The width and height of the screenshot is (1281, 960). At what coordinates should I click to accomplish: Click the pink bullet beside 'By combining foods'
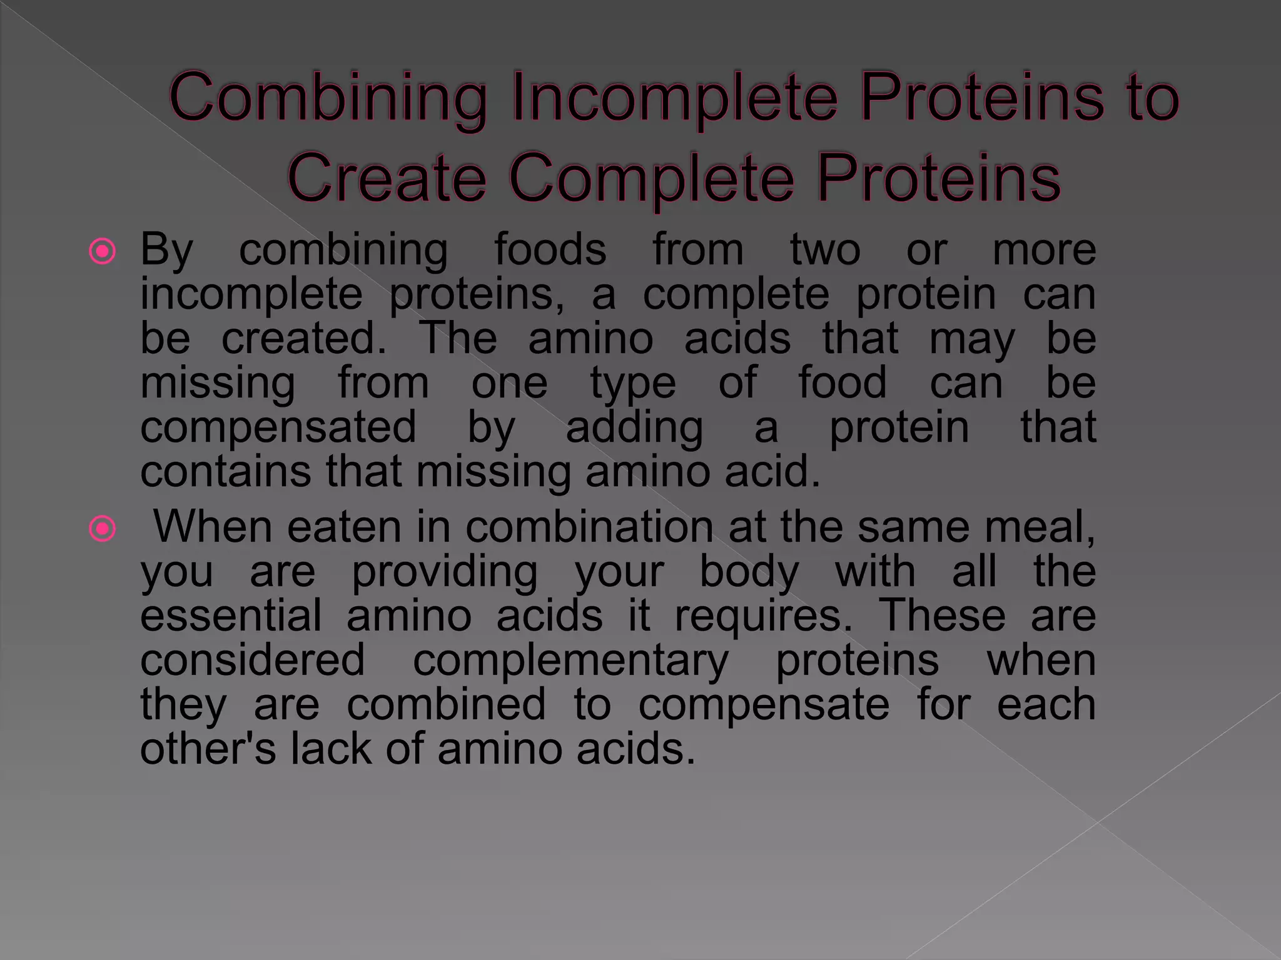(x=103, y=251)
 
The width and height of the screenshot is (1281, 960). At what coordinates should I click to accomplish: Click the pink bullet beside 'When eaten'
(x=103, y=529)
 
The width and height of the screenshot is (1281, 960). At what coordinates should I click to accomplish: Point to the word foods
(x=550, y=249)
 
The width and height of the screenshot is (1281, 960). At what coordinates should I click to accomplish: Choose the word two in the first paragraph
(x=825, y=249)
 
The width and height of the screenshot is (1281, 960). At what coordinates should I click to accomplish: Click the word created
(x=304, y=338)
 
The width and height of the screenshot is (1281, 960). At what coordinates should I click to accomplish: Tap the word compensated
(x=278, y=428)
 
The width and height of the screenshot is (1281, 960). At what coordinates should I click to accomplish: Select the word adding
(x=634, y=428)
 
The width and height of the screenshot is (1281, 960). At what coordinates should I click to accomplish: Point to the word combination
(x=589, y=527)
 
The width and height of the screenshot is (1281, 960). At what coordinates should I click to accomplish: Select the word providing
(x=444, y=572)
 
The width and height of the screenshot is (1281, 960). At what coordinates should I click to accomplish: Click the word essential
(x=231, y=616)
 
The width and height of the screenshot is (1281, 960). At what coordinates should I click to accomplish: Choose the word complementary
(x=570, y=661)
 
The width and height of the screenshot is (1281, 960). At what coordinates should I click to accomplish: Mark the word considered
(x=252, y=660)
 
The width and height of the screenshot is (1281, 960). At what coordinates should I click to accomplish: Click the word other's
(x=208, y=749)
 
